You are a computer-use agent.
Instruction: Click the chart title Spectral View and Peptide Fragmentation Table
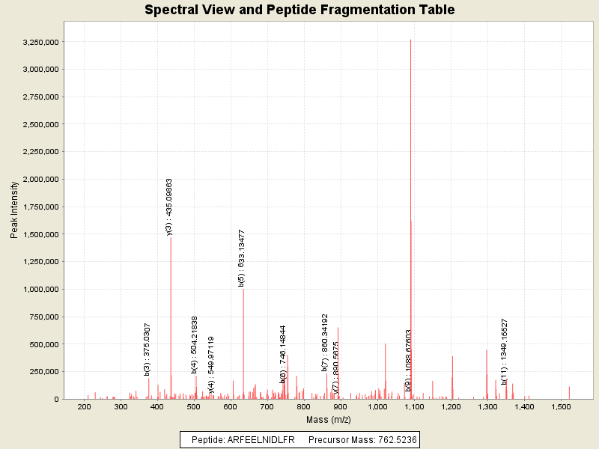[x=299, y=10]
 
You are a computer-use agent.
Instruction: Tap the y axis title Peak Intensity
[x=14, y=213]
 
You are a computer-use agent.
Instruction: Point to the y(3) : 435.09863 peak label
[x=169, y=207]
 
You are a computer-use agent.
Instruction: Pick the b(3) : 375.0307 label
[x=148, y=349]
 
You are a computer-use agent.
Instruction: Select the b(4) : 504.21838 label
[x=195, y=344]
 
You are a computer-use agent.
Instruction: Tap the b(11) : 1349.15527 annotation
[x=505, y=352]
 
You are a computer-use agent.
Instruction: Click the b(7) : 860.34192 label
[x=325, y=343]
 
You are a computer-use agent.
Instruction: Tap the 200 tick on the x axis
[x=84, y=406]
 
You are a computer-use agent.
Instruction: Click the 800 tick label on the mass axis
[x=304, y=406]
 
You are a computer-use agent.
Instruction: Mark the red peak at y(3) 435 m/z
[x=171, y=314]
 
